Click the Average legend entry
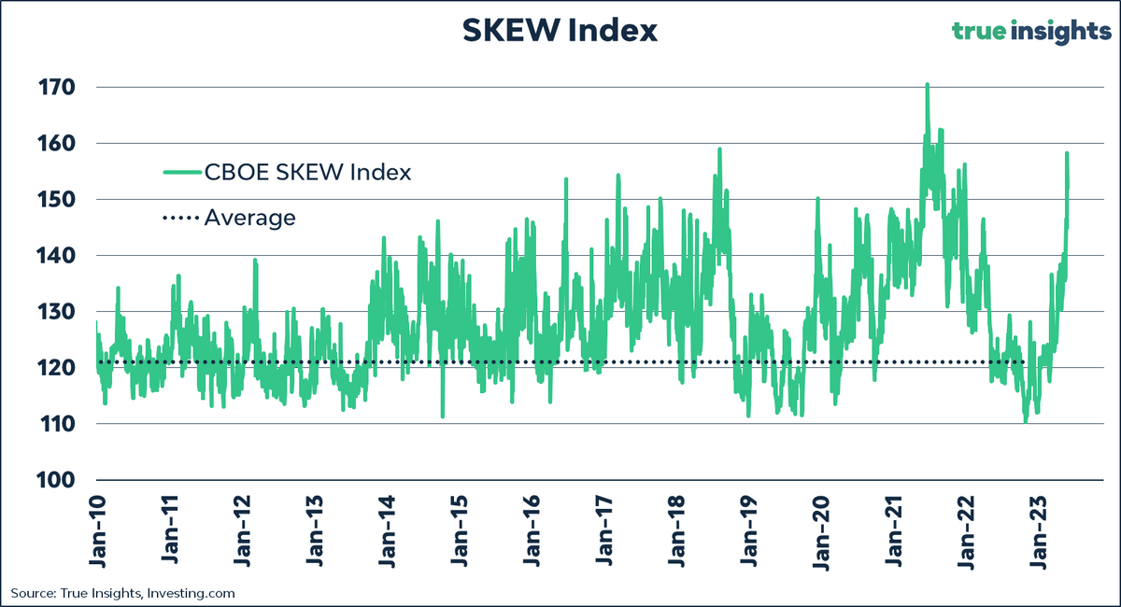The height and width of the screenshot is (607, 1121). (249, 218)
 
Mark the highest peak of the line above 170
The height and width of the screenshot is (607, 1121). (927, 85)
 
